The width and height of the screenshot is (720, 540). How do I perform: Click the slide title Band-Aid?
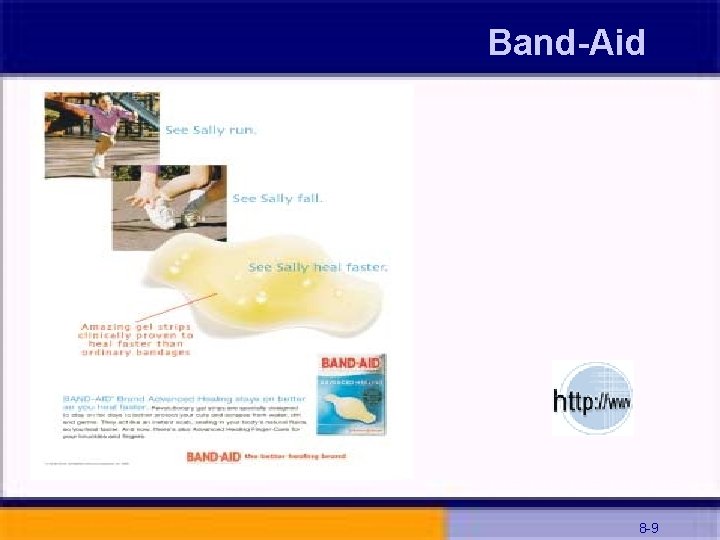pos(566,42)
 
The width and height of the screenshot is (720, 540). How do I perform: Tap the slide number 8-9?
pos(648,527)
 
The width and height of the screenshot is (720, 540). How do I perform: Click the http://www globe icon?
pos(592,399)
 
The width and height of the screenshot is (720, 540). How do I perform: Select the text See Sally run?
pos(210,130)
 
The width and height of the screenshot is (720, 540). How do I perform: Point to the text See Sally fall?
pos(278,198)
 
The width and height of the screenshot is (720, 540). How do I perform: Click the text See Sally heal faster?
pos(318,267)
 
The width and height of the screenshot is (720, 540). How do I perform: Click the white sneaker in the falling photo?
pos(161,211)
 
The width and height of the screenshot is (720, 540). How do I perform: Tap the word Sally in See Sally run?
pos(209,130)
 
